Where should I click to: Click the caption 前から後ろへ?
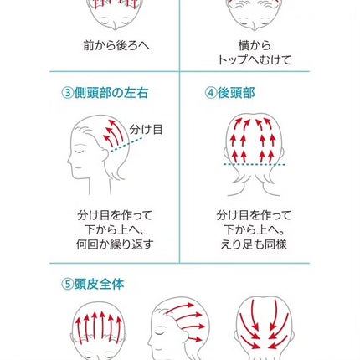pos(116,45)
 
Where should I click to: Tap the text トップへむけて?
pos(254,60)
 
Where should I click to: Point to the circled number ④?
pos(211,92)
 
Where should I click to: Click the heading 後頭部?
pos(239,92)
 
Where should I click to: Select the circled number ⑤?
pos(68,284)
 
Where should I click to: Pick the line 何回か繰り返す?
pos(116,245)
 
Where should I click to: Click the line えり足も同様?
pos(253,245)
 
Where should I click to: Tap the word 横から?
pos(254,45)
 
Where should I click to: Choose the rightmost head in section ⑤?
pos(264,328)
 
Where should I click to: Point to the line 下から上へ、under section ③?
pos(116,230)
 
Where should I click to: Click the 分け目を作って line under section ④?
pos(253,215)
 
